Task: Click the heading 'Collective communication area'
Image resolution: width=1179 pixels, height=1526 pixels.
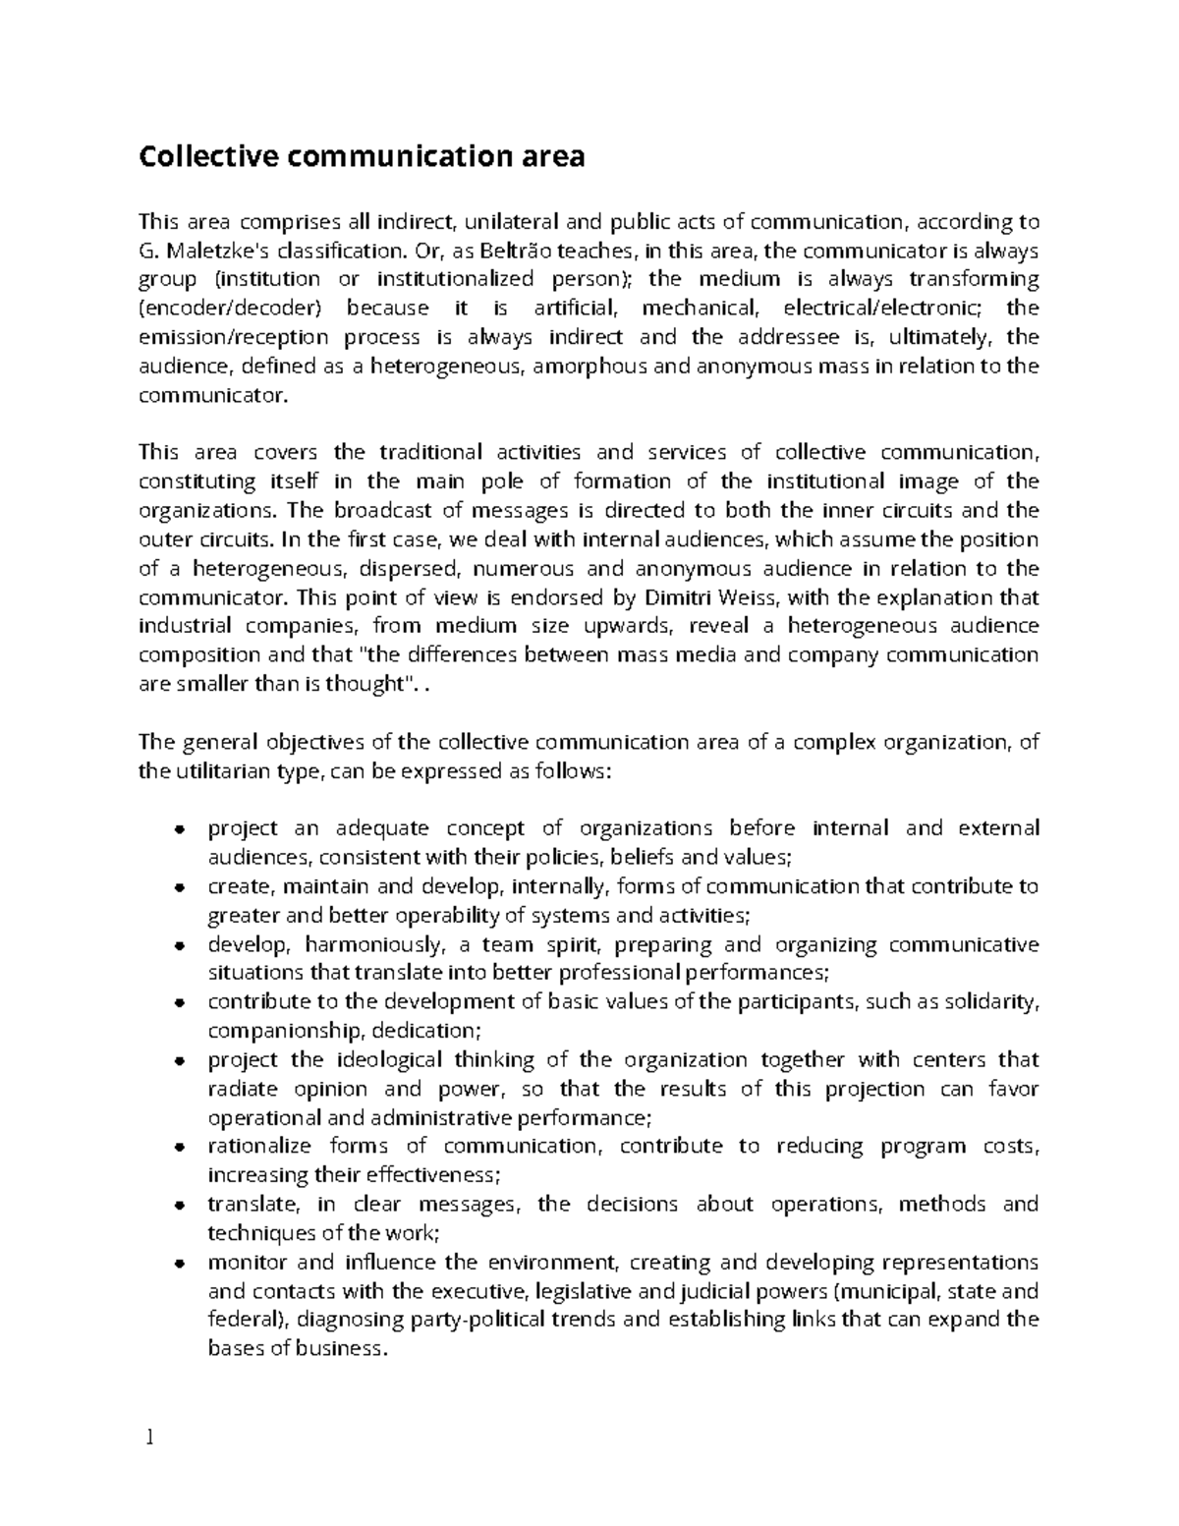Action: click(362, 156)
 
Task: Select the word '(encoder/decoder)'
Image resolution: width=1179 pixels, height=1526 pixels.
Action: click(230, 309)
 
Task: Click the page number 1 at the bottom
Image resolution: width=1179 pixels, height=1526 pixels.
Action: click(149, 1439)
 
